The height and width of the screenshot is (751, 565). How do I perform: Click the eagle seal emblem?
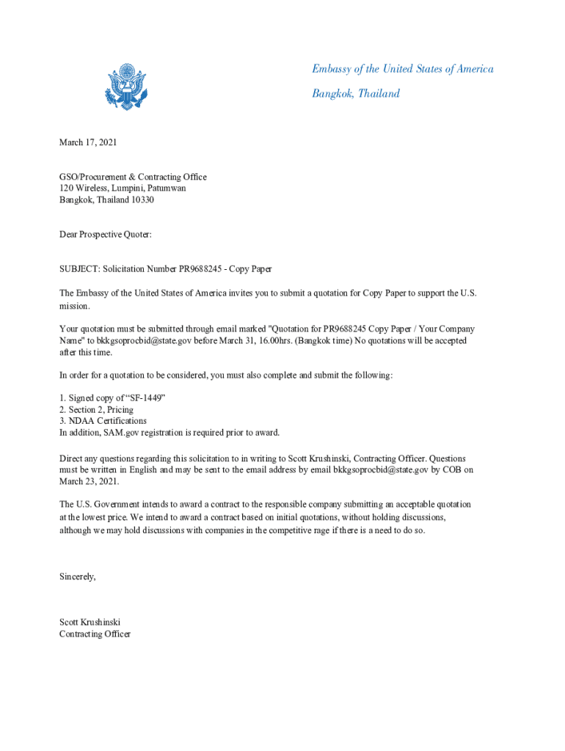pyautogui.click(x=125, y=87)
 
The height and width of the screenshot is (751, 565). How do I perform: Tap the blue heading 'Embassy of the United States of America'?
pyautogui.click(x=403, y=69)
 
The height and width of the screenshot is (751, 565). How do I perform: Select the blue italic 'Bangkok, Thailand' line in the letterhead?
pyautogui.click(x=356, y=93)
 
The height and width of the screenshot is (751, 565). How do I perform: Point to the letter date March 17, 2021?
pyautogui.click(x=88, y=142)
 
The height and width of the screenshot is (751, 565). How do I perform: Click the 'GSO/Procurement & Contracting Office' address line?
pyautogui.click(x=133, y=177)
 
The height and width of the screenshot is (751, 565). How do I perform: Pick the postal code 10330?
pyautogui.click(x=142, y=199)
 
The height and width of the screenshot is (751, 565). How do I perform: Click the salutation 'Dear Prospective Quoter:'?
pyautogui.click(x=105, y=234)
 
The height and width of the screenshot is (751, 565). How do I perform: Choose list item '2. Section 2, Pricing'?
pyautogui.click(x=96, y=410)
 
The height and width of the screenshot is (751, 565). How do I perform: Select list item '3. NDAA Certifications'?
pyautogui.click(x=103, y=421)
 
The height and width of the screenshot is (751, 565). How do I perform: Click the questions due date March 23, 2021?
pyautogui.click(x=89, y=481)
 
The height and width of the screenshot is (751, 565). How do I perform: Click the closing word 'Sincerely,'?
pyautogui.click(x=78, y=576)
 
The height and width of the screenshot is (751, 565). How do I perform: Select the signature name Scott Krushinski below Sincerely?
pyautogui.click(x=90, y=623)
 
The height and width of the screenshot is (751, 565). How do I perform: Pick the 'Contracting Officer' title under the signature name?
pyautogui.click(x=95, y=634)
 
